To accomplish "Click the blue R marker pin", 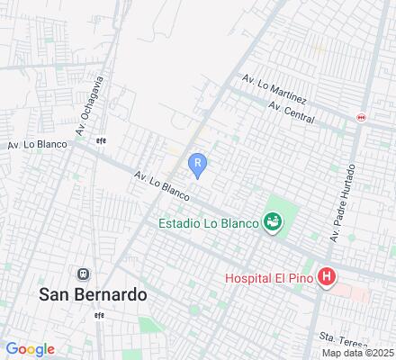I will [198, 164].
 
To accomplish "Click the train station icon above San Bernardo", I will [83, 274].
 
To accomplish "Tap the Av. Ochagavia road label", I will [90, 105].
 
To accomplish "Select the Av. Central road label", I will [291, 112].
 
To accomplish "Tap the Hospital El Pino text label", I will [269, 279].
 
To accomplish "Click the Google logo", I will [30, 349].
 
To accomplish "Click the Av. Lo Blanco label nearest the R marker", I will [161, 186].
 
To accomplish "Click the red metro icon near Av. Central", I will [362, 117].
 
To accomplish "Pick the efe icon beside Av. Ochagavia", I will [102, 139].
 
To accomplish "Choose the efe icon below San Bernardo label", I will [101, 316].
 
